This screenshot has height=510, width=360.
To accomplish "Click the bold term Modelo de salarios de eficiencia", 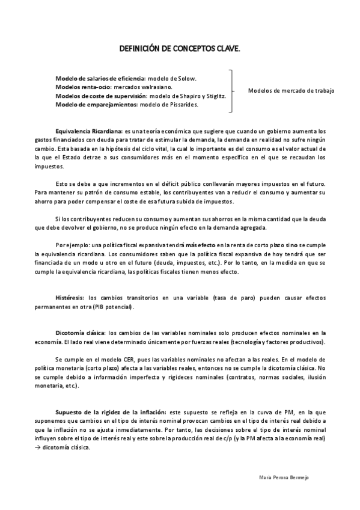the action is [x=100, y=79].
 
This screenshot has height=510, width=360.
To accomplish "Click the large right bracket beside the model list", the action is [x=231, y=91].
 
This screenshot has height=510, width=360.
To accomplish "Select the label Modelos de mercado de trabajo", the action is [x=291, y=91].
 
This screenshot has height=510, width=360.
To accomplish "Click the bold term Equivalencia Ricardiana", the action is [x=88, y=131].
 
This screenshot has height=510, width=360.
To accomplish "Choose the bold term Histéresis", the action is [x=70, y=298].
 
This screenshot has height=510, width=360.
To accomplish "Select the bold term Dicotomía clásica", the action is [x=81, y=333].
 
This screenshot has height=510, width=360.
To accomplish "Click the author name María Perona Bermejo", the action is [x=284, y=476].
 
